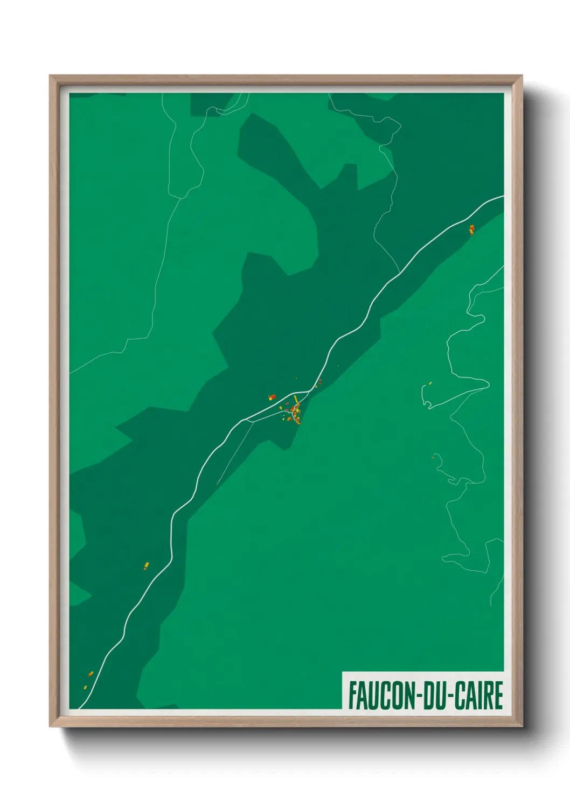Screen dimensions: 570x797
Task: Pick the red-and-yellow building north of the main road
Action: point(272,397)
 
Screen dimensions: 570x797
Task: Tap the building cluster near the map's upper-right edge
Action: point(471,230)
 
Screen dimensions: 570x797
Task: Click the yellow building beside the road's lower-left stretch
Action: point(146,565)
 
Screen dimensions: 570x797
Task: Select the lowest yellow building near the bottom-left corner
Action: point(85,687)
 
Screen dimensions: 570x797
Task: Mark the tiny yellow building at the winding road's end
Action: point(430,383)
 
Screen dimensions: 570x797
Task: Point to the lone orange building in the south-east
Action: point(433,458)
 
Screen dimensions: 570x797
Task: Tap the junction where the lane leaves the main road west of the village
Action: point(246,420)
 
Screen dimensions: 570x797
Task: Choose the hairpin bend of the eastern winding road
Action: point(488,383)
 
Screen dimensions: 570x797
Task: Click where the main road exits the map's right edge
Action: point(503,197)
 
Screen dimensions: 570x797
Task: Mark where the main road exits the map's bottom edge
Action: point(80,708)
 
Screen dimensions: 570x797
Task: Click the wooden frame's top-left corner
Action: point(51,76)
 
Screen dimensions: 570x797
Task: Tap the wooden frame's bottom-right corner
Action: point(522,726)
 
